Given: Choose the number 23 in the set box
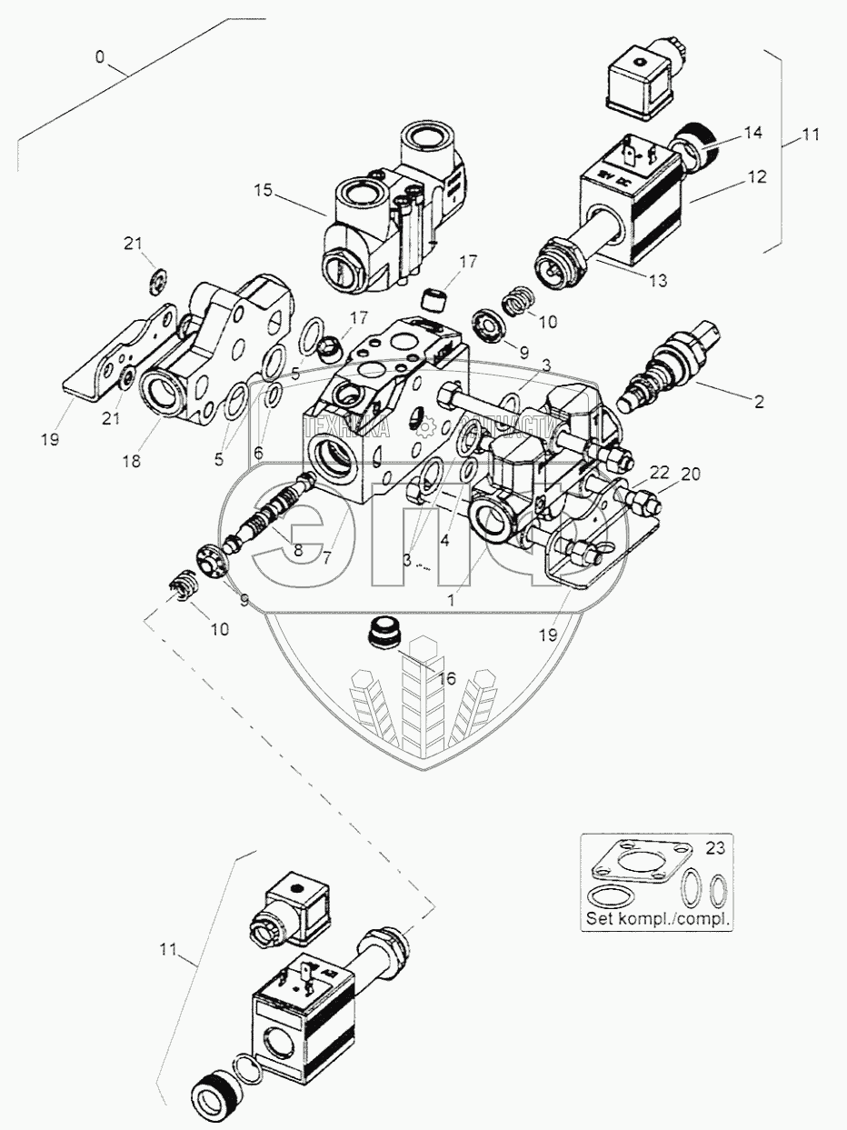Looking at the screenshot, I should (717, 850).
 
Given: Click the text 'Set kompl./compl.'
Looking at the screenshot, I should (658, 917).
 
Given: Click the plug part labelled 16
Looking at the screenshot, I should (387, 634).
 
